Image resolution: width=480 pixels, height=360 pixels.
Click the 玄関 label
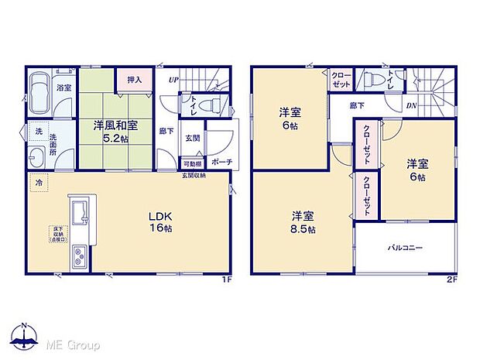[193, 139]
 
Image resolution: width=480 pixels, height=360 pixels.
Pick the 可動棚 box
[192, 163]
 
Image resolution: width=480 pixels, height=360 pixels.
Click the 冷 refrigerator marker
[37, 183]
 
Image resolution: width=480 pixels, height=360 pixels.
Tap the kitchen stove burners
[80, 259]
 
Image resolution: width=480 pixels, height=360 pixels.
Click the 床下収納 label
[58, 231]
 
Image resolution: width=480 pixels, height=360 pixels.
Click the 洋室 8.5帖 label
[303, 222]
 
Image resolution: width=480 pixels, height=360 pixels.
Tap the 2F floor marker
[451, 280]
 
